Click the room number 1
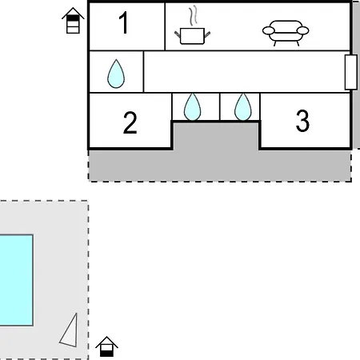(x=124, y=23)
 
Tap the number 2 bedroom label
(x=130, y=123)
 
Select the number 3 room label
(x=302, y=121)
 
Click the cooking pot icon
(x=192, y=36)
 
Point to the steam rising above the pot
(x=194, y=16)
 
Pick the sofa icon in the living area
(x=286, y=33)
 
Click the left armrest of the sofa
(x=268, y=30)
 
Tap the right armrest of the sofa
(x=303, y=30)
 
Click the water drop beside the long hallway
(x=116, y=74)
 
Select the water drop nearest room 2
(x=192, y=107)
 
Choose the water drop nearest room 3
(x=243, y=107)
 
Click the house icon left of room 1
(x=73, y=21)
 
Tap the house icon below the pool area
(x=106, y=346)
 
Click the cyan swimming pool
(x=16, y=280)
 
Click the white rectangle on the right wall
(x=351, y=72)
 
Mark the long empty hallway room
(x=246, y=71)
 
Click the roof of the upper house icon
(x=73, y=13)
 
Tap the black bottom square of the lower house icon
(x=106, y=354)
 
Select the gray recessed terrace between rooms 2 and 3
(x=215, y=134)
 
